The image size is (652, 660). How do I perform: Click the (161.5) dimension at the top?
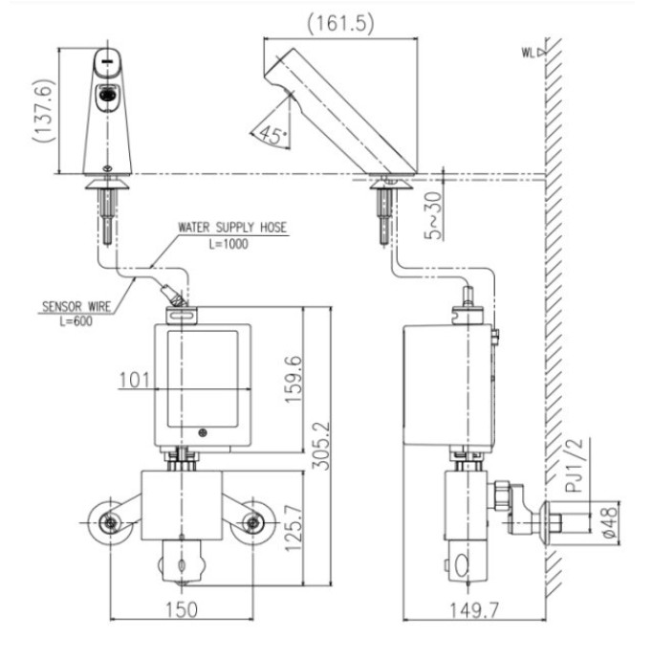click(340, 23)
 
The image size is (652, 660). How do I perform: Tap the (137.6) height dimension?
click(44, 111)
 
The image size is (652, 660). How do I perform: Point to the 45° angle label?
click(273, 135)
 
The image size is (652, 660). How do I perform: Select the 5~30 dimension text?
click(434, 215)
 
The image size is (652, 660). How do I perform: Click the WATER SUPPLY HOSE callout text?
click(232, 228)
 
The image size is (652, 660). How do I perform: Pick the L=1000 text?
click(228, 244)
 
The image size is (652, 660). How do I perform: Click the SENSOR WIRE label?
click(76, 306)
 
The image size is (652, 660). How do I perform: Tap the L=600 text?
click(76, 321)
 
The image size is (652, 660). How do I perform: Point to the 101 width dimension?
click(135, 381)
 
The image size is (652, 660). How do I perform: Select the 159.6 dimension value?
click(293, 380)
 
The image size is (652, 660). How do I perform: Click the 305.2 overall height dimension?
click(321, 446)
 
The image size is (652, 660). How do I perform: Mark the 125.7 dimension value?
click(293, 528)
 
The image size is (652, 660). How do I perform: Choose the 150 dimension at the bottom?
click(182, 610)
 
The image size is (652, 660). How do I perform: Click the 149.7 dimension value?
click(474, 610)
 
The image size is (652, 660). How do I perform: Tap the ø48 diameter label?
click(610, 522)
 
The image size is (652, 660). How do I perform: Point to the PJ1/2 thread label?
click(574, 465)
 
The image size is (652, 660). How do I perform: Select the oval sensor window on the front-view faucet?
click(108, 95)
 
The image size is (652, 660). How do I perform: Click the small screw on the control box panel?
click(203, 432)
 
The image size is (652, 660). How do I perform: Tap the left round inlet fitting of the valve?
click(110, 522)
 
